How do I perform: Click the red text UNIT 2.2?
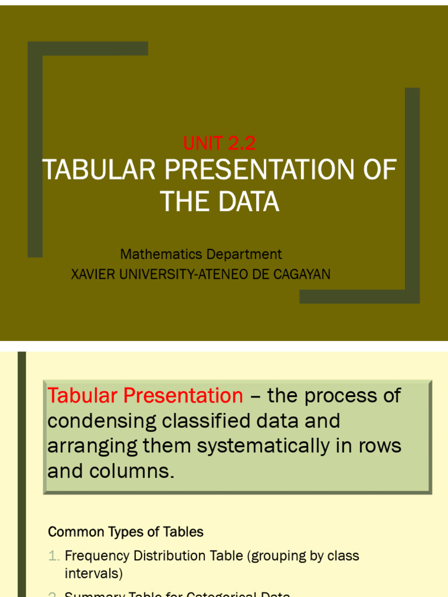[219, 143]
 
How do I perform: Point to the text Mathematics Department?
[201, 254]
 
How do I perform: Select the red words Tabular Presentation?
[145, 396]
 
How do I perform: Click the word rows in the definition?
[380, 446]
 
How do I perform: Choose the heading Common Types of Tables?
[125, 532]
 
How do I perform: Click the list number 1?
[53, 556]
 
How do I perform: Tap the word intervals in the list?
[93, 574]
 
